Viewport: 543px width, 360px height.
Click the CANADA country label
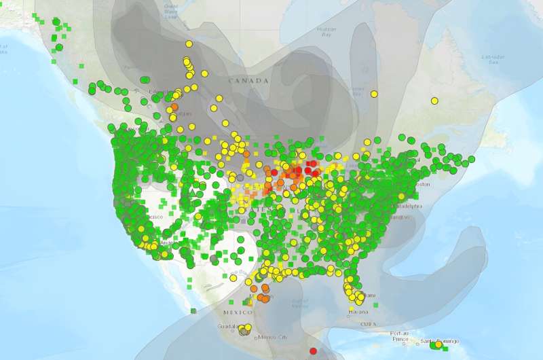[248, 81]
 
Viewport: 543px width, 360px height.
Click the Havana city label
[358, 312]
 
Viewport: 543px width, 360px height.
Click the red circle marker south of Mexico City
[313, 351]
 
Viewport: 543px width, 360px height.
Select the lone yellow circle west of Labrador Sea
[434, 101]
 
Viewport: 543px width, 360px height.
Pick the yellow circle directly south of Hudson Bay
[373, 94]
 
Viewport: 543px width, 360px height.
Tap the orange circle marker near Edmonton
[174, 107]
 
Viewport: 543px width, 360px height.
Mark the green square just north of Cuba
[375, 305]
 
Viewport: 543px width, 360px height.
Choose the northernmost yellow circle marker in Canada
[189, 43]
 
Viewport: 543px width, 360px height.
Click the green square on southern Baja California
[193, 311]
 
